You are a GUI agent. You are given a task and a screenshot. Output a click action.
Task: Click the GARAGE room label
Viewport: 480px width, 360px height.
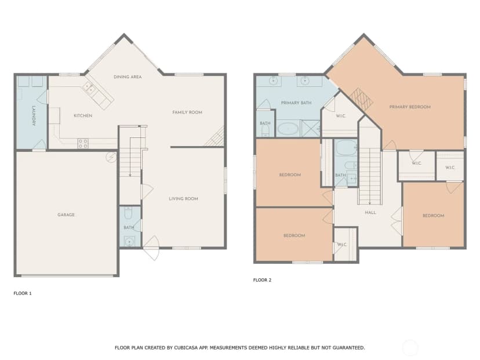tap(66, 215)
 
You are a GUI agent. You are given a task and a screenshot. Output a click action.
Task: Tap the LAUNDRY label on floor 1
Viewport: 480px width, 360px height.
tap(34, 116)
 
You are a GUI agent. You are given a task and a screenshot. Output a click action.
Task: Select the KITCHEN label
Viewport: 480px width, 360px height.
tap(83, 116)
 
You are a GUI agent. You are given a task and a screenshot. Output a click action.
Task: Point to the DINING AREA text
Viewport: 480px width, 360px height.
tap(128, 77)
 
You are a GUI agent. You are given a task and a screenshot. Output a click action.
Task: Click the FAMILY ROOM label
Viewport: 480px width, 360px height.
tap(187, 112)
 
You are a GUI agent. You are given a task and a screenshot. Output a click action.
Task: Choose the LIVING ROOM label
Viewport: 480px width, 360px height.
tap(183, 199)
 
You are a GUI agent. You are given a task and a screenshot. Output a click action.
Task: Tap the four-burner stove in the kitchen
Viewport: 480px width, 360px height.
tap(83, 144)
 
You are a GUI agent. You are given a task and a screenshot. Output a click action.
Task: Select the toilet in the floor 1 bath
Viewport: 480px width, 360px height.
tap(129, 213)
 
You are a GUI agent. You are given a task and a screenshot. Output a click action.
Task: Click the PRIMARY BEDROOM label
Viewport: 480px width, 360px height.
tap(410, 107)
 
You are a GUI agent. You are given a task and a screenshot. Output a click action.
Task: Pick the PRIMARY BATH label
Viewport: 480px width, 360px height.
tap(296, 103)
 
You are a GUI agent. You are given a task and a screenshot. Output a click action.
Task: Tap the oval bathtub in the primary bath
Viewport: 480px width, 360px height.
tap(288, 129)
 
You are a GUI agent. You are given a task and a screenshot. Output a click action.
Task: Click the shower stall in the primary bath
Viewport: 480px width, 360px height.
tap(310, 129)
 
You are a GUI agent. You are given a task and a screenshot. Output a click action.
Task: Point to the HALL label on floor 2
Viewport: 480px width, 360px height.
tap(370, 212)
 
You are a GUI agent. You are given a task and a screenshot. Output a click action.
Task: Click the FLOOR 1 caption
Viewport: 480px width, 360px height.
tap(23, 293)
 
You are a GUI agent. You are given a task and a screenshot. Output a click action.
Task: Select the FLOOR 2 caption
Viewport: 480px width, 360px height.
tap(262, 280)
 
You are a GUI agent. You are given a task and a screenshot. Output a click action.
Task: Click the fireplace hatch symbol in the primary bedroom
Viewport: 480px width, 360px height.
tap(362, 99)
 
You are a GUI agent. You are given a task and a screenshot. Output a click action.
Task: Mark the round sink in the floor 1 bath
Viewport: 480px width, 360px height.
tap(129, 242)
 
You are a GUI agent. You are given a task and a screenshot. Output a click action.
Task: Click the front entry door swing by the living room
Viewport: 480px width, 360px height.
tap(151, 248)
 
